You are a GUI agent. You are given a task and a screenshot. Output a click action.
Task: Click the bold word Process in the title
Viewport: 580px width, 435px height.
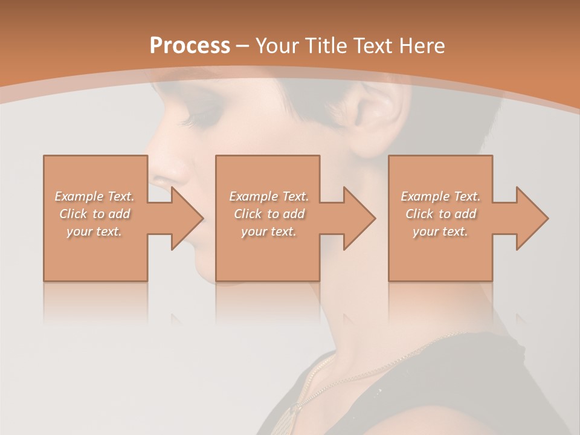pyautogui.click(x=190, y=46)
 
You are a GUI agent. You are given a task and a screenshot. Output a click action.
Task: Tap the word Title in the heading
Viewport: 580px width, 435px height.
pyautogui.click(x=325, y=46)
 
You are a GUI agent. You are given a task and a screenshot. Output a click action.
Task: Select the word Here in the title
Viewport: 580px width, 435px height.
pyautogui.click(x=422, y=46)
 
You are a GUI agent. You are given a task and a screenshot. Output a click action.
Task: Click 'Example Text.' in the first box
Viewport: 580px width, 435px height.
pyautogui.click(x=94, y=196)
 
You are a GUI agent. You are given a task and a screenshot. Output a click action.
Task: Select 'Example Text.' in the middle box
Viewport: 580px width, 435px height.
pyautogui.click(x=269, y=196)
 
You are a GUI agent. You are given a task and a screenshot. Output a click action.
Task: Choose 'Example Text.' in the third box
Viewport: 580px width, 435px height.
pyautogui.click(x=440, y=196)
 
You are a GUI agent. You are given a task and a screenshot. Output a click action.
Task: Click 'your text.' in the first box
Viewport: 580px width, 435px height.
pyautogui.click(x=94, y=231)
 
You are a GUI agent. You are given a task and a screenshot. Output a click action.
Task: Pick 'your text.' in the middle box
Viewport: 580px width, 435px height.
pyautogui.click(x=269, y=231)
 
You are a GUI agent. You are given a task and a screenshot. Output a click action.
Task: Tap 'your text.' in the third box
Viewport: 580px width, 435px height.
pyautogui.click(x=440, y=231)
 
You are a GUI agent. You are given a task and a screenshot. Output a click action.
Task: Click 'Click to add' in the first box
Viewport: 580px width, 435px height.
pyautogui.click(x=94, y=214)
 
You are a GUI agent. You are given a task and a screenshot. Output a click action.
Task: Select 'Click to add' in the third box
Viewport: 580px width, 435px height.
pyautogui.click(x=440, y=214)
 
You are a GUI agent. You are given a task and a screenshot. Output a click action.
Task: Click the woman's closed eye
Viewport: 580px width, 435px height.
pyautogui.click(x=199, y=115)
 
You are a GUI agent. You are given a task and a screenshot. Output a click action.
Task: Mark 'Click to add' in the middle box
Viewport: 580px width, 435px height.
pyautogui.click(x=269, y=214)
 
